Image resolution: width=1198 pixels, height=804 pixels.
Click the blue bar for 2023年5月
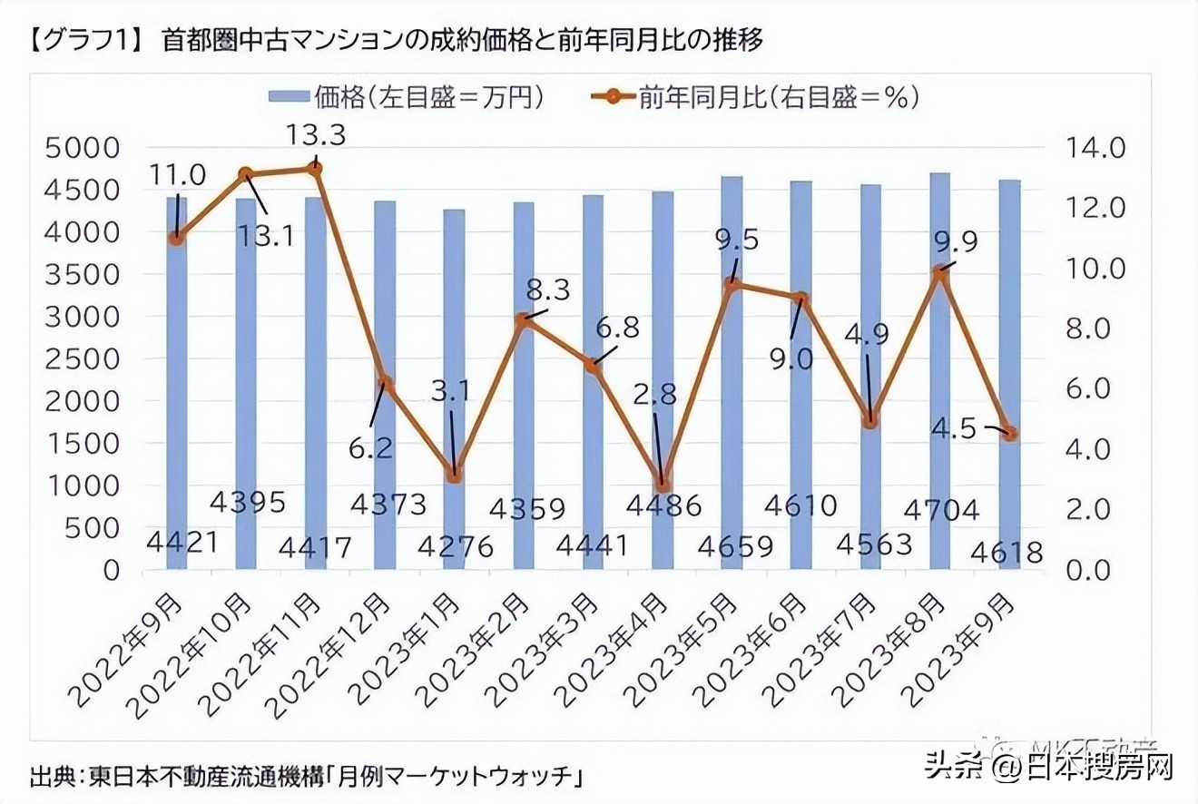732,381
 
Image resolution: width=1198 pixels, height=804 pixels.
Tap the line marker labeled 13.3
315,168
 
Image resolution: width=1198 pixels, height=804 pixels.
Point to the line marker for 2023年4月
663,485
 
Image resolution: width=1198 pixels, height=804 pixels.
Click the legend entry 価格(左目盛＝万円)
406,97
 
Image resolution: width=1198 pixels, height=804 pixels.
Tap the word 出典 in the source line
53,778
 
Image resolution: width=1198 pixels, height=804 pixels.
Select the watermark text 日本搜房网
1101,768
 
